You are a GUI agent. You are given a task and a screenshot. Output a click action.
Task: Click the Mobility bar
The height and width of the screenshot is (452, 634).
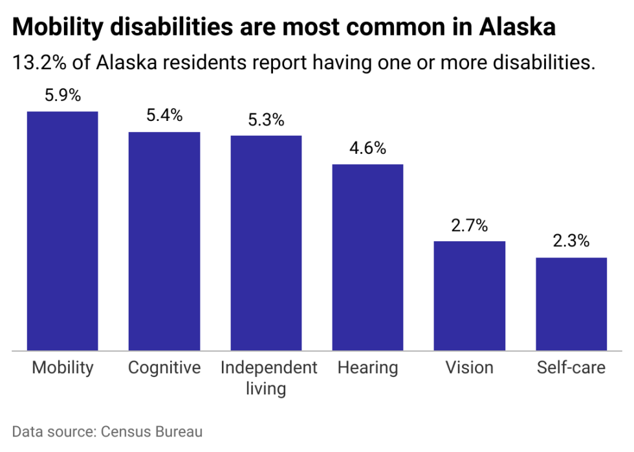click(x=62, y=231)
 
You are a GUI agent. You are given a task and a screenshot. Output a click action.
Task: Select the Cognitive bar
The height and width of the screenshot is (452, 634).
click(x=164, y=241)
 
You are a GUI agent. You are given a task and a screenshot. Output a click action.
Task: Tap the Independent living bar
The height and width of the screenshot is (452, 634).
click(x=266, y=243)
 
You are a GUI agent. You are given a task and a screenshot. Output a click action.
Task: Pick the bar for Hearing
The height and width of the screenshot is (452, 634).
click(x=367, y=257)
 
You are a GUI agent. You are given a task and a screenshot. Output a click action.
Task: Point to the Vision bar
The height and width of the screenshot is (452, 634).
click(x=470, y=296)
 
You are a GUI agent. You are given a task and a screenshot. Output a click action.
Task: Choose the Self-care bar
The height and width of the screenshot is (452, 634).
click(x=571, y=304)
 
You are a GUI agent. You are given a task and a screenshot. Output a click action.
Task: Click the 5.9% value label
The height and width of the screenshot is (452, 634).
click(x=63, y=96)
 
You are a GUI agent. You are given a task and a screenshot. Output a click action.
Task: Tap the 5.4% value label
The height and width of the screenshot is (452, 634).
click(x=164, y=116)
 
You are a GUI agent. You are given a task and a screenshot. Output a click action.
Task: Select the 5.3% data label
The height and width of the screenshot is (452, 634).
click(x=266, y=120)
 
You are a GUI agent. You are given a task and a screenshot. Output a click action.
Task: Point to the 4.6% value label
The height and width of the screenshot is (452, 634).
click(x=367, y=148)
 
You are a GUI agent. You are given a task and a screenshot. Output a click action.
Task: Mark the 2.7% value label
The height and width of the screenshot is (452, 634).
click(x=470, y=225)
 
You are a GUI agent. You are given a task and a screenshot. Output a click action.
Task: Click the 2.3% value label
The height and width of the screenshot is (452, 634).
click(x=571, y=241)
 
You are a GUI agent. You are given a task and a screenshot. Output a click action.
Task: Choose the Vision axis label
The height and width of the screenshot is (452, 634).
click(x=470, y=368)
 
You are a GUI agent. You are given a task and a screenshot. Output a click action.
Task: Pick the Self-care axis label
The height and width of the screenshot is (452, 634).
click(x=571, y=368)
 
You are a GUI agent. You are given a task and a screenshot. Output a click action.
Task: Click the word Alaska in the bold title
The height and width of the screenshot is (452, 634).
click(x=517, y=27)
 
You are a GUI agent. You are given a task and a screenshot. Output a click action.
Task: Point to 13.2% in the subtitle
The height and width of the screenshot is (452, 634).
click(x=39, y=63)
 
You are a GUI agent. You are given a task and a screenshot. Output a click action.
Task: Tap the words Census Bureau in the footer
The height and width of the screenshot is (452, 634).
click(x=151, y=432)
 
